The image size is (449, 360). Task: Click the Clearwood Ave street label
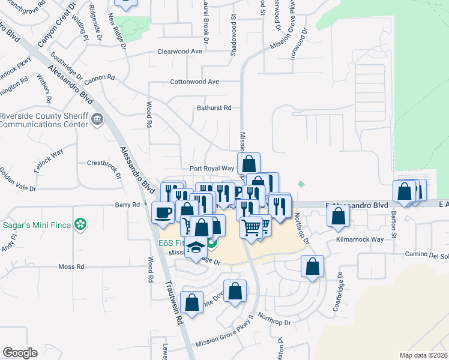click(x=179, y=52)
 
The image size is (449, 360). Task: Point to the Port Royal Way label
click(x=211, y=169)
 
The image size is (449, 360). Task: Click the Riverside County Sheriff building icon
click(x=96, y=121)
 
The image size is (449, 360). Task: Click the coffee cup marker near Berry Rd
click(x=163, y=212)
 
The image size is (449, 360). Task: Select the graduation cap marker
click(x=196, y=248)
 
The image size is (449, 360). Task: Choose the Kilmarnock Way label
click(x=360, y=239)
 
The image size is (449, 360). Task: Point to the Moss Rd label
click(x=71, y=266)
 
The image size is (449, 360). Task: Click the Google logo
click(x=20, y=353)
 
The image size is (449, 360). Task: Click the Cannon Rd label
click(x=99, y=78)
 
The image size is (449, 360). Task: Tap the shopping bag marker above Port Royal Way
click(x=249, y=163)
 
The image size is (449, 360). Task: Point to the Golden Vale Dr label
click(x=18, y=181)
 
